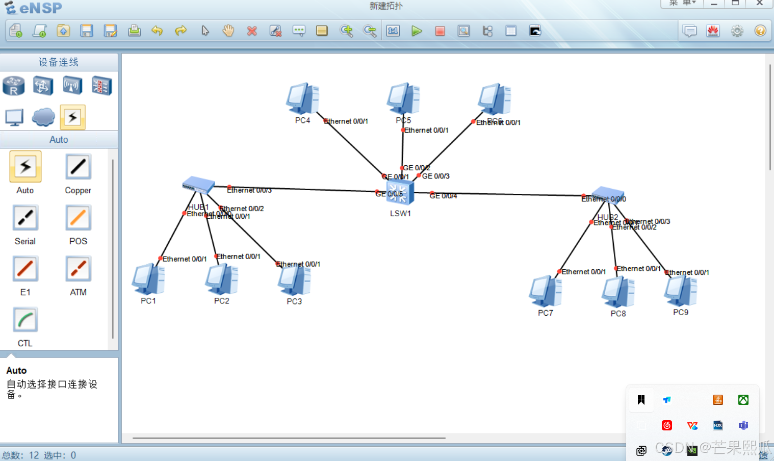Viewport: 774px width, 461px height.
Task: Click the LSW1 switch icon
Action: (400, 192)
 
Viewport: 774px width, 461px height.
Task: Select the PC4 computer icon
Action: (303, 98)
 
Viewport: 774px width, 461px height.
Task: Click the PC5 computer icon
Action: (403, 98)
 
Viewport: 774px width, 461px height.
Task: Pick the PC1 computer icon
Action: (148, 279)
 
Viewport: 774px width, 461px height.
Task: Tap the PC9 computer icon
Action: (681, 290)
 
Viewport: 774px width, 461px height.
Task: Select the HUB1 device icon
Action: (198, 184)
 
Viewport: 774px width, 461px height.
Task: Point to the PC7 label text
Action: (545, 313)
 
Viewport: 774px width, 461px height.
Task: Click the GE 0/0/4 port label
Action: (443, 196)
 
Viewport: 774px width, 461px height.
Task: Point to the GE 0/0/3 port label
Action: (435, 176)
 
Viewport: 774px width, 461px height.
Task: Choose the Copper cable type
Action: (78, 167)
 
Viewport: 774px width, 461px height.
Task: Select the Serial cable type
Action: (25, 218)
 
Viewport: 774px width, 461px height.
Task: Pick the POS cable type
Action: (78, 218)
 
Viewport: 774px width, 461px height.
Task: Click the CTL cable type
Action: (25, 320)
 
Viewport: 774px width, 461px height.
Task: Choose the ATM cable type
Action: (78, 269)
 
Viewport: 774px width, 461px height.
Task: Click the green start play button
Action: (417, 31)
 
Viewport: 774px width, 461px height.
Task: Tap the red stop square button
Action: (440, 31)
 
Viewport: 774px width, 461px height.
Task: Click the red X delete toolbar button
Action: (252, 31)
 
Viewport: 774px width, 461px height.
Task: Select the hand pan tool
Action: (228, 31)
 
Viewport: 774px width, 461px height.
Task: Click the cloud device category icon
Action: (43, 117)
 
